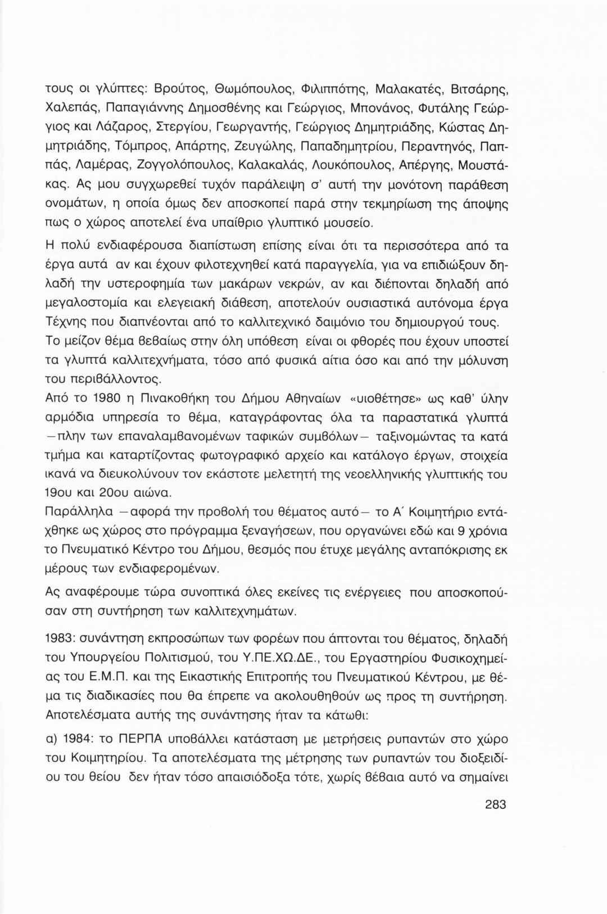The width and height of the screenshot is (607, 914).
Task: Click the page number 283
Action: pyautogui.click(x=495, y=804)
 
